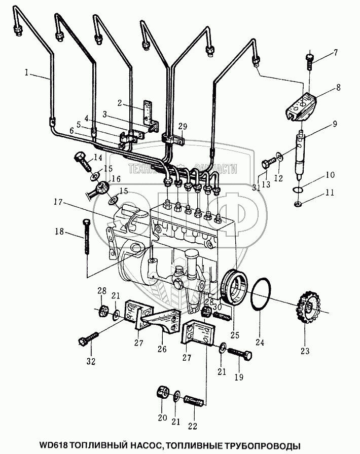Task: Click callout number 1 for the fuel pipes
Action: click(26, 72)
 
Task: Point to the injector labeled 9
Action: click(303, 154)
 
